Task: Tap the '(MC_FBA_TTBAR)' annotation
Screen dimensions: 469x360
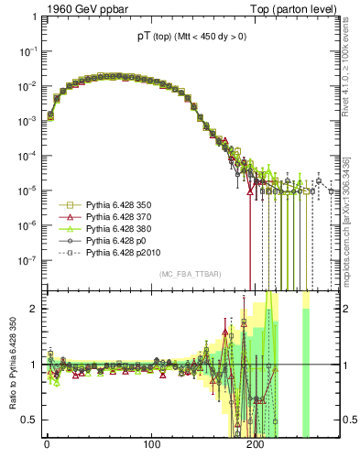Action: point(190,274)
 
